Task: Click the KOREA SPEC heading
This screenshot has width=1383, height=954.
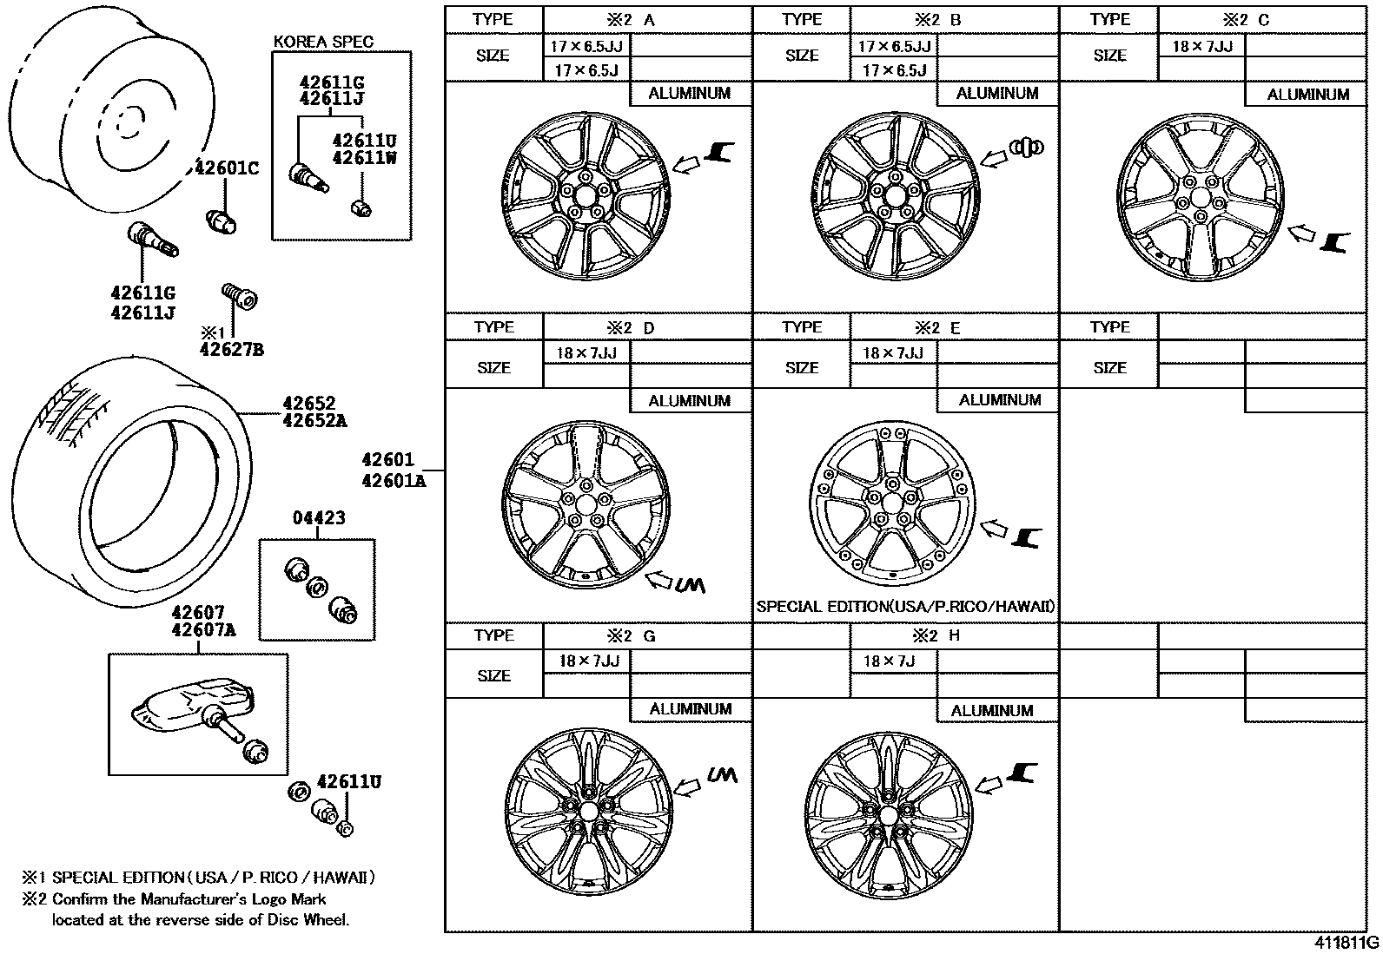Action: coord(323,42)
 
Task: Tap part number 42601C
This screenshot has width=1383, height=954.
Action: coord(227,168)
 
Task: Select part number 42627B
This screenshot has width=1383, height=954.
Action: coord(231,350)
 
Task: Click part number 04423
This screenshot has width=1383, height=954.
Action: coord(318,518)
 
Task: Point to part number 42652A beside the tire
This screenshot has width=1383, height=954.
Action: coord(314,421)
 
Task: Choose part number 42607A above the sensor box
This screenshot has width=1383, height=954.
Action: coord(203,631)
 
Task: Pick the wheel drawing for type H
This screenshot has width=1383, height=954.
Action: coord(887,813)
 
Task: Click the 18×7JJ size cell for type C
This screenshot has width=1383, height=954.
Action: coord(1202,46)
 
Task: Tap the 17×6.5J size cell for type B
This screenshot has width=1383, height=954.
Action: coord(894,70)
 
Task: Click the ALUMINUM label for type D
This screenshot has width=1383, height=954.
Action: coord(690,401)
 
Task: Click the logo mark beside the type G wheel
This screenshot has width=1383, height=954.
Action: coord(722,774)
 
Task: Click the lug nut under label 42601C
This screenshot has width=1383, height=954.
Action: coord(222,220)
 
